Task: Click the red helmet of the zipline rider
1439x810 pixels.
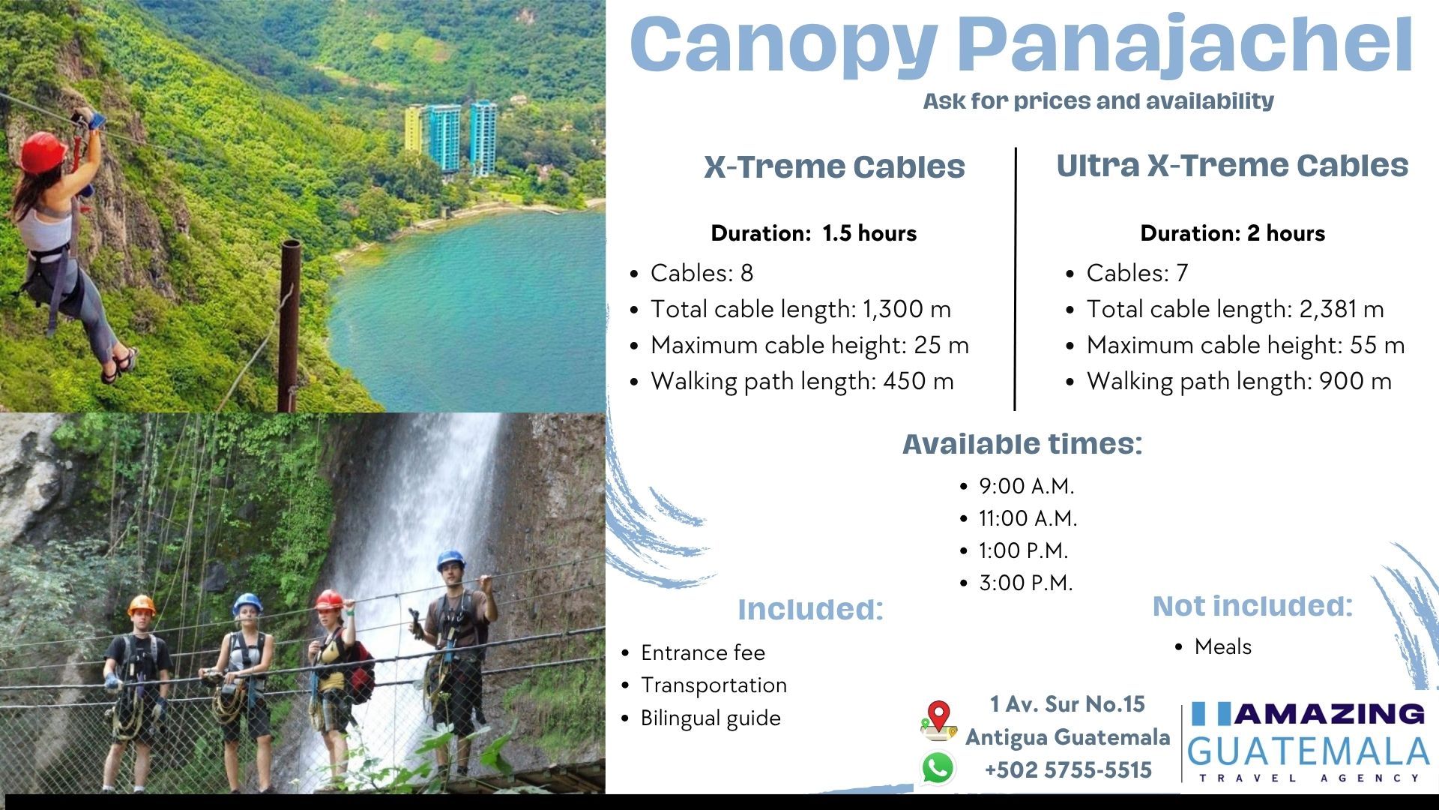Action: click(43, 152)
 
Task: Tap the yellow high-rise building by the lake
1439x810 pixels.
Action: click(414, 129)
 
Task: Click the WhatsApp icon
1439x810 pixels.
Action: click(938, 768)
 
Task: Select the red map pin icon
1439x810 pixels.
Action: click(938, 718)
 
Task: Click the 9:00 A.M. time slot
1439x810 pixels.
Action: click(1026, 486)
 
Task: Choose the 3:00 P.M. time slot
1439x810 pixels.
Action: click(1025, 583)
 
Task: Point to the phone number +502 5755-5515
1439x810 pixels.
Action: click(1068, 769)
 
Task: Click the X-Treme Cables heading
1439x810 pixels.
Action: click(834, 166)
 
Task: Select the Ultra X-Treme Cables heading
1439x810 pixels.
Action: click(1232, 165)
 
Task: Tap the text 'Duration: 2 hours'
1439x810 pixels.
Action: click(1233, 233)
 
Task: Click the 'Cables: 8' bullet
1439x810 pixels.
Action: click(702, 273)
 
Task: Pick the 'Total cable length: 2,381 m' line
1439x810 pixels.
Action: click(1235, 309)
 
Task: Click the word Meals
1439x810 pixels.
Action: click(1223, 646)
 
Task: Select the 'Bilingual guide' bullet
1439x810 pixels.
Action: click(711, 718)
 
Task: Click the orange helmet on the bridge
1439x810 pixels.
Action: click(141, 604)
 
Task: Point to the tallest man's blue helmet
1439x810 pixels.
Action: click(450, 559)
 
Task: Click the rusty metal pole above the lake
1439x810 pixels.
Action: click(289, 325)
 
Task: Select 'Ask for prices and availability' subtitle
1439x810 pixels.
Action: click(1098, 101)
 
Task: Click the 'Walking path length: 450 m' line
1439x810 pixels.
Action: click(802, 381)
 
